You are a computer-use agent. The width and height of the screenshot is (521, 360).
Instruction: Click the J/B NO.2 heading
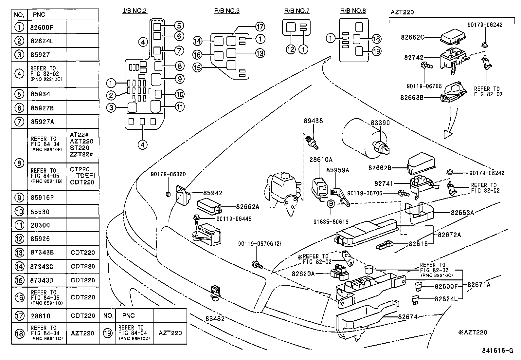(135, 10)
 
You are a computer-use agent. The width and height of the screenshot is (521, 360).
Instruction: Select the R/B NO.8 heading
(353, 10)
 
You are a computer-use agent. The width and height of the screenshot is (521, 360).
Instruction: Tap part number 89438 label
(313, 121)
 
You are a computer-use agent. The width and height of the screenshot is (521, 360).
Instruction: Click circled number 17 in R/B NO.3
(260, 27)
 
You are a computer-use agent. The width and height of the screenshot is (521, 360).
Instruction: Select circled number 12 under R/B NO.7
(291, 49)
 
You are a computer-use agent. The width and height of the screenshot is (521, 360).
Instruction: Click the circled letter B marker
(331, 204)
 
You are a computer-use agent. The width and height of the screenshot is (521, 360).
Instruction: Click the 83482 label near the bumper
(215, 318)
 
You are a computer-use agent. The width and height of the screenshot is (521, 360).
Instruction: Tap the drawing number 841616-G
(497, 351)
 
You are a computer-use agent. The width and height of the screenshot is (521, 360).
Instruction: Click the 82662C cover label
(412, 37)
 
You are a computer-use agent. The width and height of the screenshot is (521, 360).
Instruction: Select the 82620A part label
(303, 274)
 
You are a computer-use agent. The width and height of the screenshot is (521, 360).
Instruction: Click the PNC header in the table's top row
(39, 15)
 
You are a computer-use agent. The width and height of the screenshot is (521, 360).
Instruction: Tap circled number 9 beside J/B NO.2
(179, 79)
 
